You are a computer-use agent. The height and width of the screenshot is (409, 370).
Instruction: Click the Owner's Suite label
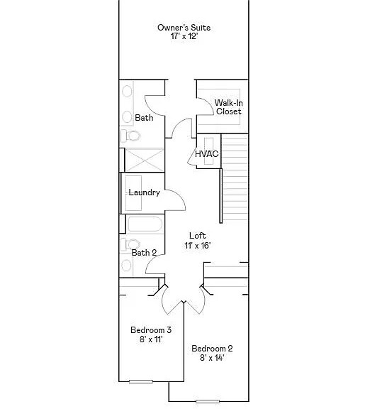[184, 28]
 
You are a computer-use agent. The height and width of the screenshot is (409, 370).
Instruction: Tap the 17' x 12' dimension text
[184, 36]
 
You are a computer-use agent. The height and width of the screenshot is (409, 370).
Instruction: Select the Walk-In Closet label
[229, 107]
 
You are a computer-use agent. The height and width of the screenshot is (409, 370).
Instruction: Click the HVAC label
[207, 154]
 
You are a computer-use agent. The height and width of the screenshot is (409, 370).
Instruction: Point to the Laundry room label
[145, 192]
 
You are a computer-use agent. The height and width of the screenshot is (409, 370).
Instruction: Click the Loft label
[198, 236]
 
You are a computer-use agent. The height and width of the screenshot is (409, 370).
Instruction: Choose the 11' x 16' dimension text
[197, 246]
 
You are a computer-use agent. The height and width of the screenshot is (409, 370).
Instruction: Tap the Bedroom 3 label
[151, 330]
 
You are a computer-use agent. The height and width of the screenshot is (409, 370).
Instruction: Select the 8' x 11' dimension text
[151, 339]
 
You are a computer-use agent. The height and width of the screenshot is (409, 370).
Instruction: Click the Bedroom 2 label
[212, 349]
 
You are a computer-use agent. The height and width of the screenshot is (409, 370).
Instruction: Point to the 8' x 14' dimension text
[212, 358]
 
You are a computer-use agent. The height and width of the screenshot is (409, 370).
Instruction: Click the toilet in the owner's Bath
[130, 136]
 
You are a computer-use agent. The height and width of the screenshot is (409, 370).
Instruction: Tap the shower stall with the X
[145, 160]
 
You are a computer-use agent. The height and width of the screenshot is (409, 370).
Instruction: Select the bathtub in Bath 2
[145, 224]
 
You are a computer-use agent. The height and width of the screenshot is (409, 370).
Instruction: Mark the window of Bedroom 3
[141, 381]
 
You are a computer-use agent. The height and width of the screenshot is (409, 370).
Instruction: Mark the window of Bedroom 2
[208, 401]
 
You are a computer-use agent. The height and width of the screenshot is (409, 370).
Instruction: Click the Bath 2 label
[145, 253]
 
